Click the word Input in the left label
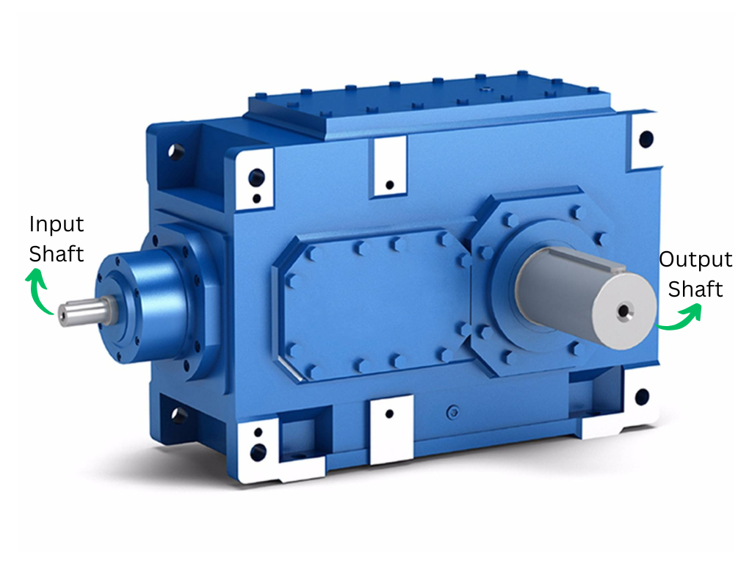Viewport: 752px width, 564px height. point(57,225)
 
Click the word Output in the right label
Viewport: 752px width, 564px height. point(695,260)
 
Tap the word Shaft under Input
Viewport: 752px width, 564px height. point(57,253)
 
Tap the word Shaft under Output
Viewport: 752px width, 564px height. point(695,289)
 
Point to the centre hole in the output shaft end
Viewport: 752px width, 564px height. point(623,311)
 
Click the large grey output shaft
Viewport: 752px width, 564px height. point(585,297)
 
